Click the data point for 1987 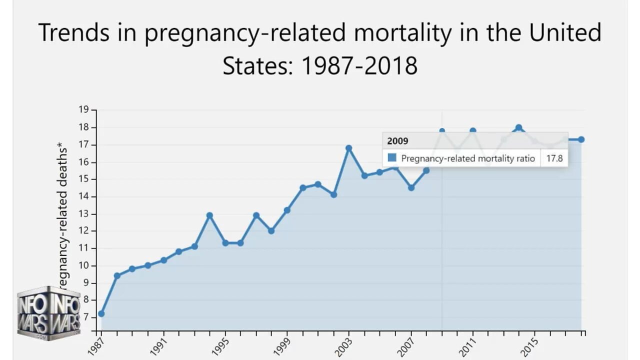coord(101,313)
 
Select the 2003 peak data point coord(348,148)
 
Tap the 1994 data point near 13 coord(209,215)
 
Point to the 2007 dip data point coord(411,187)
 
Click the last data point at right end coord(581,139)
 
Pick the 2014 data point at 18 coord(518,127)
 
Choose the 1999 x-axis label coord(284,346)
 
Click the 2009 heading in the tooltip coord(397,141)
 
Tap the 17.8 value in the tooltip coord(554,158)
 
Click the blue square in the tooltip coord(392,158)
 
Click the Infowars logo coord(48,313)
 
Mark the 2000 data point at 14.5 coord(302,187)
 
